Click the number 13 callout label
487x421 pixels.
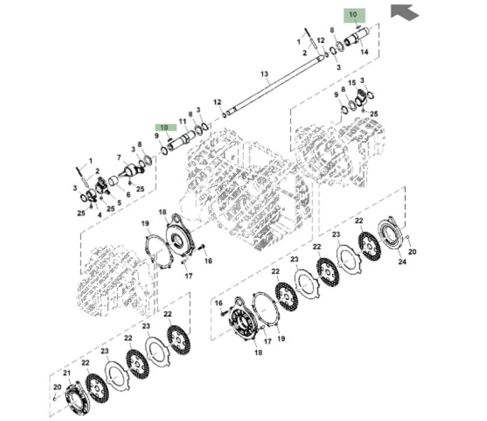tap(264, 74)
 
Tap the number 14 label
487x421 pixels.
tap(365, 52)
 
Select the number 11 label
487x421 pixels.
tap(183, 121)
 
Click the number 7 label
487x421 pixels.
tap(119, 158)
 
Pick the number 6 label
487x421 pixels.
tap(128, 195)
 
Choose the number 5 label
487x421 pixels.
tap(120, 203)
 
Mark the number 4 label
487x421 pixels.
tap(99, 215)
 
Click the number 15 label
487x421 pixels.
tap(352, 83)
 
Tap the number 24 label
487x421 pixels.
tap(402, 262)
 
